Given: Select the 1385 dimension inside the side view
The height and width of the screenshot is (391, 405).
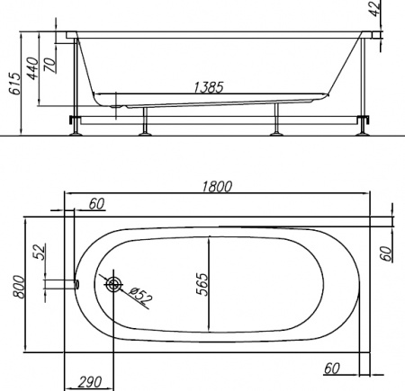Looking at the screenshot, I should (209, 87).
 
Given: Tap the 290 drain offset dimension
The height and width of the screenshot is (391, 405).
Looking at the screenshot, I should (89, 381).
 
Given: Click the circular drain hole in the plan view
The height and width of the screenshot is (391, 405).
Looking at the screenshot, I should (114, 285).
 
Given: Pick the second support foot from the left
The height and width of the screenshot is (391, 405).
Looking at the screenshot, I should (144, 131).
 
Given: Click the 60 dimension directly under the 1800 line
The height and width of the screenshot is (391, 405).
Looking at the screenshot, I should (96, 204).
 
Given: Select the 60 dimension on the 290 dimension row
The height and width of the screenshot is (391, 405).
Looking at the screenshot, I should (331, 367).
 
